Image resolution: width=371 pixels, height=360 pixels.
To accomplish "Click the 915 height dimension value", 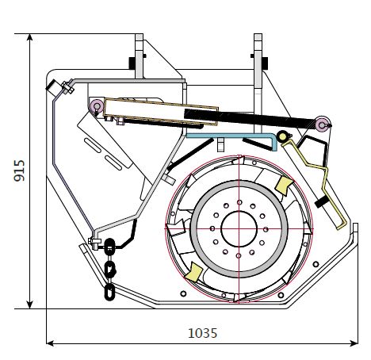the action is pyautogui.click(x=20, y=170).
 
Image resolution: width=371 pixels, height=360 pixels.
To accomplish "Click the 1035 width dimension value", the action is pyautogui.click(x=202, y=333).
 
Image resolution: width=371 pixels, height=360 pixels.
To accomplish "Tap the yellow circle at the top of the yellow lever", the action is pyautogui.click(x=282, y=136).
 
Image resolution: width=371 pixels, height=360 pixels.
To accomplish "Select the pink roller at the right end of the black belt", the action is pyautogui.click(x=322, y=124).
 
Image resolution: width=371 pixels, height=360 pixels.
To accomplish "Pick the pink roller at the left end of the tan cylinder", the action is pyautogui.click(x=97, y=105).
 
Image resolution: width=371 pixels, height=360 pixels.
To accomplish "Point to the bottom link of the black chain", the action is pyautogui.click(x=109, y=292).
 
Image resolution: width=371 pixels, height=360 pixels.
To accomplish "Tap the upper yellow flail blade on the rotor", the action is pyautogui.click(x=284, y=186).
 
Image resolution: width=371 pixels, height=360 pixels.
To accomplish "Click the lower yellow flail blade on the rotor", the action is pyautogui.click(x=193, y=272).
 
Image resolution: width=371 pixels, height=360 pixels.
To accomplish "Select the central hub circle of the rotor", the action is pyautogui.click(x=239, y=229).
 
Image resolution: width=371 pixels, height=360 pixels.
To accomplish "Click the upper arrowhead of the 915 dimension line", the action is pyautogui.click(x=30, y=37).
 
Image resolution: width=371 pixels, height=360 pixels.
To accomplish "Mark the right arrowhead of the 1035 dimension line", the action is pyautogui.click(x=354, y=343).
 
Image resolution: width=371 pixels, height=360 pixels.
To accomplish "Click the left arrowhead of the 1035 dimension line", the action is pyautogui.click(x=50, y=343).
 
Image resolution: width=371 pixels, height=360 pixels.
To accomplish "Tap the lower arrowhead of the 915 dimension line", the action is pyautogui.click(x=30, y=304).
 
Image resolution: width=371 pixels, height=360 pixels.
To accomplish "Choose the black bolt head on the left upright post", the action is pyautogui.click(x=132, y=63).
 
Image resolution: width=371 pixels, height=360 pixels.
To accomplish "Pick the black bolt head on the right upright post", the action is pyautogui.click(x=265, y=63).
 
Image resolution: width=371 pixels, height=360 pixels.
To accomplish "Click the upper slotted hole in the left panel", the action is pyautogui.click(x=93, y=145).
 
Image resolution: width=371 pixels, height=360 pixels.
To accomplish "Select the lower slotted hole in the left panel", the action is pyautogui.click(x=113, y=163).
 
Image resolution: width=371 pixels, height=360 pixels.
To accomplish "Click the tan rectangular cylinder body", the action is pyautogui.click(x=161, y=111).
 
